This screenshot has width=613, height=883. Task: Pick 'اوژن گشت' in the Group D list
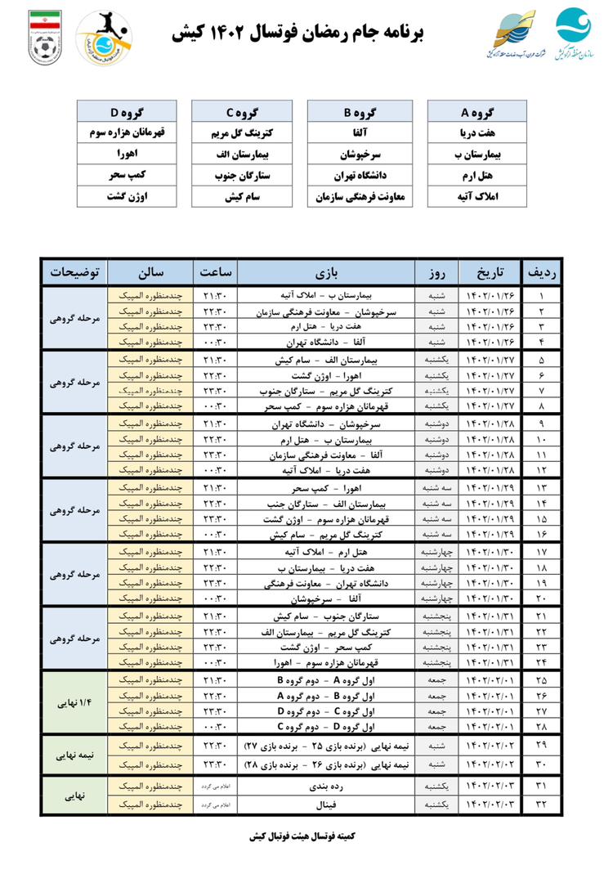125,196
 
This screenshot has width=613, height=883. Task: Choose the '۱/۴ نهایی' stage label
74,702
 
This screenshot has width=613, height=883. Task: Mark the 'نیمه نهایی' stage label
74,755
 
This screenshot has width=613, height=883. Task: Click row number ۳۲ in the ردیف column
541,805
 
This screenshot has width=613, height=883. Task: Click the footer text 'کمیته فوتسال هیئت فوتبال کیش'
306,836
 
